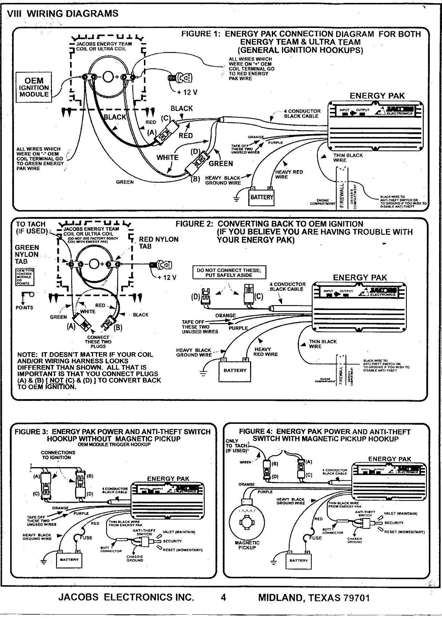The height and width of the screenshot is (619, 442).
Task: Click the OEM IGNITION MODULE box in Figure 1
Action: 34,87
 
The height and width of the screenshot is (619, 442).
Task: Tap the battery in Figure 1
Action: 261,197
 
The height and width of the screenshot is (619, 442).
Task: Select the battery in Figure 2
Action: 235,370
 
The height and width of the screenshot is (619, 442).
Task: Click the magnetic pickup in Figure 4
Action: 247,520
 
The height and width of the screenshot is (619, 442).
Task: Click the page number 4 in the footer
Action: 224,597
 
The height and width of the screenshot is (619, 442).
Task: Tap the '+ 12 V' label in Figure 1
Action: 187,92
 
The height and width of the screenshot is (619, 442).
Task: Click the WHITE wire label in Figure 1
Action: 168,157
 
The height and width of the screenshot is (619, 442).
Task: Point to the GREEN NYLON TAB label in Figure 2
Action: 27,254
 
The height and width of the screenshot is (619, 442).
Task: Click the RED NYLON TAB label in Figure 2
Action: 159,242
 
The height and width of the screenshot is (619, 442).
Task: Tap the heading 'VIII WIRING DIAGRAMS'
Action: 63,13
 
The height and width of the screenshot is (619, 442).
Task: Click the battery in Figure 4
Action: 298,560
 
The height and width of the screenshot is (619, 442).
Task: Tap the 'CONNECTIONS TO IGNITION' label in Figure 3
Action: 58,455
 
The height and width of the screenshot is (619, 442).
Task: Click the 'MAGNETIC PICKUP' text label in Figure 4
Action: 247,545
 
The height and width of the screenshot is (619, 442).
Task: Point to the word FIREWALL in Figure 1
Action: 342,196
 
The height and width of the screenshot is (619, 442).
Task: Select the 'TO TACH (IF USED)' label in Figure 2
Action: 31,228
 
